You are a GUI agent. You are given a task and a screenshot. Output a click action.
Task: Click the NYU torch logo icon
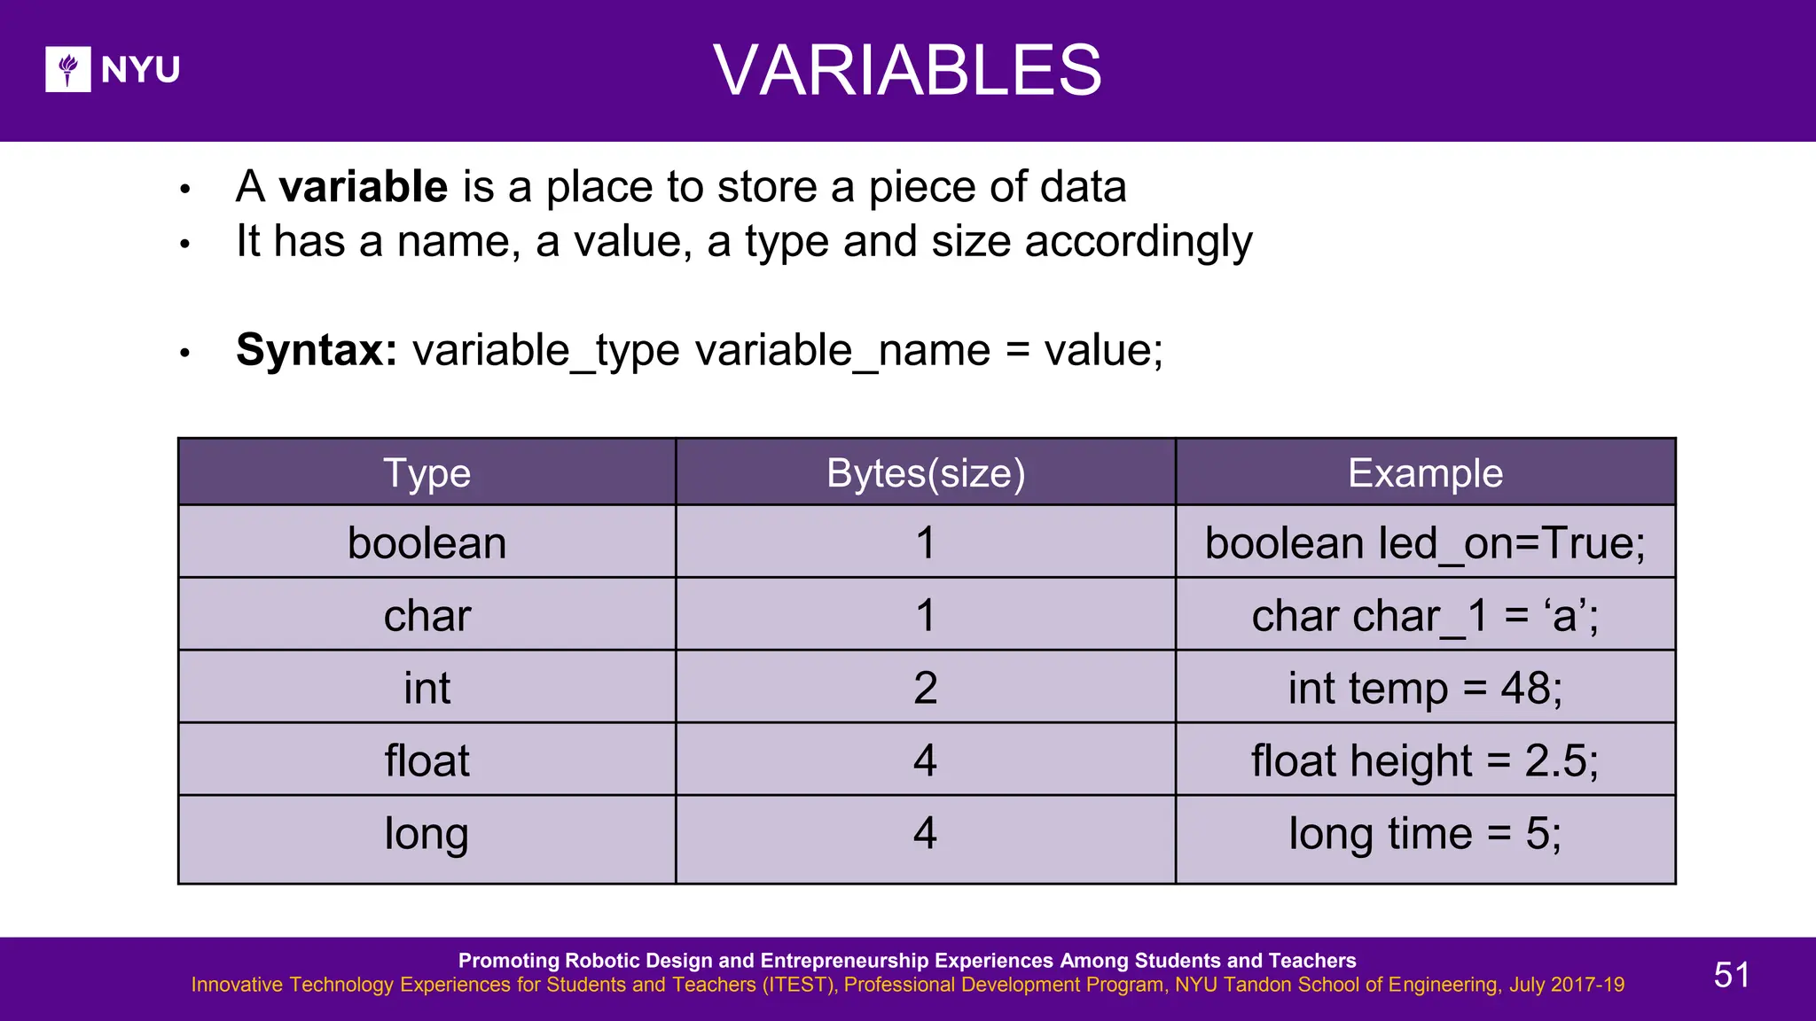pyautogui.click(x=68, y=69)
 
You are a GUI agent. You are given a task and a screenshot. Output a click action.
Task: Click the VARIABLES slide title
pyautogui.click(x=907, y=70)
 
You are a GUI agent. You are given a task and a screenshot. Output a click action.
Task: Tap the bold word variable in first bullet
pyautogui.click(x=364, y=187)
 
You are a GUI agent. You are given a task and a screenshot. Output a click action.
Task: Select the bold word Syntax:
pyautogui.click(x=317, y=350)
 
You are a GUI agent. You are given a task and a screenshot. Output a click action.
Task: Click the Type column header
pyautogui.click(x=427, y=473)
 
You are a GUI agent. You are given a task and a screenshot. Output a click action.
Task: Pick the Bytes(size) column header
pyautogui.click(x=925, y=473)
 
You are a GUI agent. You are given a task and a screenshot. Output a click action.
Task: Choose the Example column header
pyautogui.click(x=1425, y=473)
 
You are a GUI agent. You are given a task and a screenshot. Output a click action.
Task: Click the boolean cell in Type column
pyautogui.click(x=427, y=543)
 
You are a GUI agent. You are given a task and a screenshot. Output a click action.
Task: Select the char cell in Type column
pyautogui.click(x=427, y=616)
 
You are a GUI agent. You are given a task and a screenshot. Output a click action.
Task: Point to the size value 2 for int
pyautogui.click(x=925, y=689)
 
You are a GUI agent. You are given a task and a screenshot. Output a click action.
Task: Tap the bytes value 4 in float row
pyautogui.click(x=925, y=760)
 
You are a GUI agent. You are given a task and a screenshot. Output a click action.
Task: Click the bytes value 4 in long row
pyautogui.click(x=925, y=833)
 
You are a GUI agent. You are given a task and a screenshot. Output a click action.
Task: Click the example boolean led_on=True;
pyautogui.click(x=1425, y=543)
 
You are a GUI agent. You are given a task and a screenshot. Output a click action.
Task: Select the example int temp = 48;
pyautogui.click(x=1425, y=689)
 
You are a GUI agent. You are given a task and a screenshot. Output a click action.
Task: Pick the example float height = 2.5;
pyautogui.click(x=1425, y=760)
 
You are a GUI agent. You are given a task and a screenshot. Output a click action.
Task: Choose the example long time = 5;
pyautogui.click(x=1425, y=833)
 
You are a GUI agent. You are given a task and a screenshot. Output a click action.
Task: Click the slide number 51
pyautogui.click(x=1731, y=975)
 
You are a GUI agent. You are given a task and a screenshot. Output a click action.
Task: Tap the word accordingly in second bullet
pyautogui.click(x=1139, y=242)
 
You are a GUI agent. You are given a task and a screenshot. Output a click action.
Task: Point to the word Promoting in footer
pyautogui.click(x=508, y=961)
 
